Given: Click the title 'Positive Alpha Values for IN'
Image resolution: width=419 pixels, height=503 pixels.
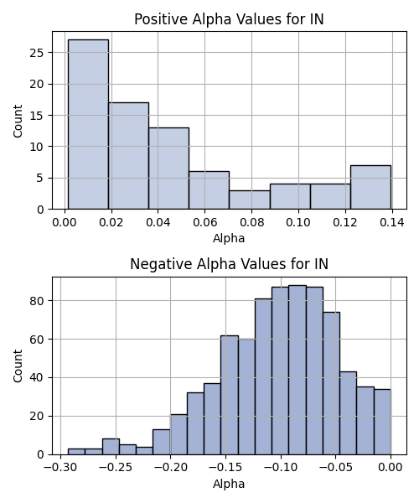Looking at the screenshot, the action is coord(229,19).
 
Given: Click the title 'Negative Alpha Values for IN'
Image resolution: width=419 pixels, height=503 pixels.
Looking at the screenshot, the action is coord(229,264).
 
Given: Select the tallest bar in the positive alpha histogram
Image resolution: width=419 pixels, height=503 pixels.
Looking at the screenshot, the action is coord(88,124).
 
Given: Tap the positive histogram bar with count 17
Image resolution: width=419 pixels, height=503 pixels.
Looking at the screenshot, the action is coord(128,156).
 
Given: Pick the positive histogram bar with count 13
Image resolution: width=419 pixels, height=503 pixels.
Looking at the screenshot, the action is coord(168,169).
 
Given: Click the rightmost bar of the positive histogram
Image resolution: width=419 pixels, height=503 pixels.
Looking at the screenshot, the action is coord(370,187).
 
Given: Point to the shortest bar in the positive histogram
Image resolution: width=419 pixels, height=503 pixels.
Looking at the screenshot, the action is coord(250,200).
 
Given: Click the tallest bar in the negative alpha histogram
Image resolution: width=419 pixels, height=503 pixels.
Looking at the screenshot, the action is coord(297,370).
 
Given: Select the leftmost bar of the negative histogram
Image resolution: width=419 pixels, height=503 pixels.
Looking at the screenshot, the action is coord(76,452).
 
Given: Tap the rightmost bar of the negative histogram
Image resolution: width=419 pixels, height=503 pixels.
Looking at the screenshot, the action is coord(382,422).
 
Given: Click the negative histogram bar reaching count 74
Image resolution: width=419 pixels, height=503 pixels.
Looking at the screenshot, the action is coord(332,383).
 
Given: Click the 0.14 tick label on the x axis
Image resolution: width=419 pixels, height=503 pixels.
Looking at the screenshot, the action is coord(392,222).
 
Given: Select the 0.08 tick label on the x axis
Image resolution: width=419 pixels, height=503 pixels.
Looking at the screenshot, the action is coord(251,222).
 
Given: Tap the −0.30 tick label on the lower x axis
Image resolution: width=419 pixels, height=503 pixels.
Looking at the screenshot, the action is coord(60,468).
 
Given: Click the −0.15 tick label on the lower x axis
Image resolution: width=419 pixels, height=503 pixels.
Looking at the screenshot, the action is coord(225,468).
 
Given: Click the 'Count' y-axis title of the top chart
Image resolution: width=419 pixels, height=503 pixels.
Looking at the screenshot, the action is coord(18,121).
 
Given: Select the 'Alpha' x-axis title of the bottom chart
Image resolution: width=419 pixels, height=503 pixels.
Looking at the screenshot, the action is coord(229,484).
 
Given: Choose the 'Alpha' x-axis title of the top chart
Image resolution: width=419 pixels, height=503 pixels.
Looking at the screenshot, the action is coord(229,238).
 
